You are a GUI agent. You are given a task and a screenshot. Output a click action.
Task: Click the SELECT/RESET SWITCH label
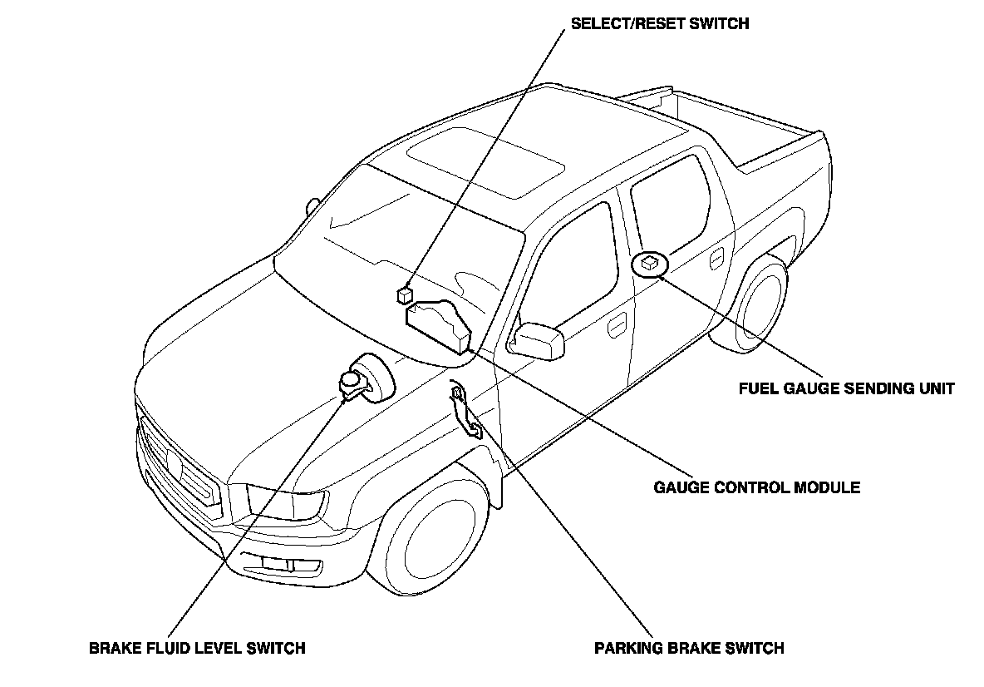point(660,23)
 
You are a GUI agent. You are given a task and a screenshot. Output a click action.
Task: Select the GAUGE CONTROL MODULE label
point(757,487)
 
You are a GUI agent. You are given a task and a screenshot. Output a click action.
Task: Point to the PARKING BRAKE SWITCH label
point(689,648)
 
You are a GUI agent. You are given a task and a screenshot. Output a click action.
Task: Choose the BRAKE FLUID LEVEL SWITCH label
point(197,648)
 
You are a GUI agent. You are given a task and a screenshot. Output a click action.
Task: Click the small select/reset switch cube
point(405,294)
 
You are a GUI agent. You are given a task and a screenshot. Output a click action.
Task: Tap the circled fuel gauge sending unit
point(649,264)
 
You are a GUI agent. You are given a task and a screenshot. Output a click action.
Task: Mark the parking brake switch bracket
point(465,409)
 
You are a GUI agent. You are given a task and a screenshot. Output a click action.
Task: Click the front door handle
point(617,326)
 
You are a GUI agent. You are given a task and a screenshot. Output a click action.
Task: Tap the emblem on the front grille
point(173,459)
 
